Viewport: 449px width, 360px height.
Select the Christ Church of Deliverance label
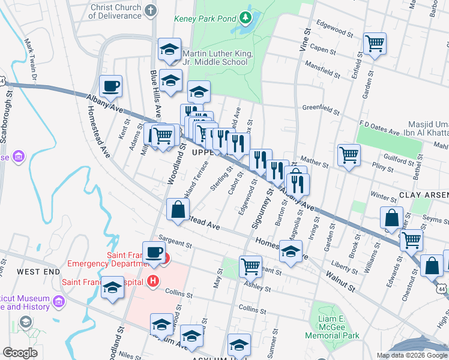point(115,11)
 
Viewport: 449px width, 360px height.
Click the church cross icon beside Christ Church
point(150,10)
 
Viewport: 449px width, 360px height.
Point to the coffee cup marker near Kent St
point(110,88)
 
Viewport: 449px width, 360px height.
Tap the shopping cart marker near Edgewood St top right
point(375,44)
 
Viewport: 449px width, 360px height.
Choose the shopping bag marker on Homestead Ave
point(178,211)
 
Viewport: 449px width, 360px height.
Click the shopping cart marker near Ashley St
point(250,265)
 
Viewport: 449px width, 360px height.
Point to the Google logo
point(20,353)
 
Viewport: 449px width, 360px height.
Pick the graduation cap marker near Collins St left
point(112,288)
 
